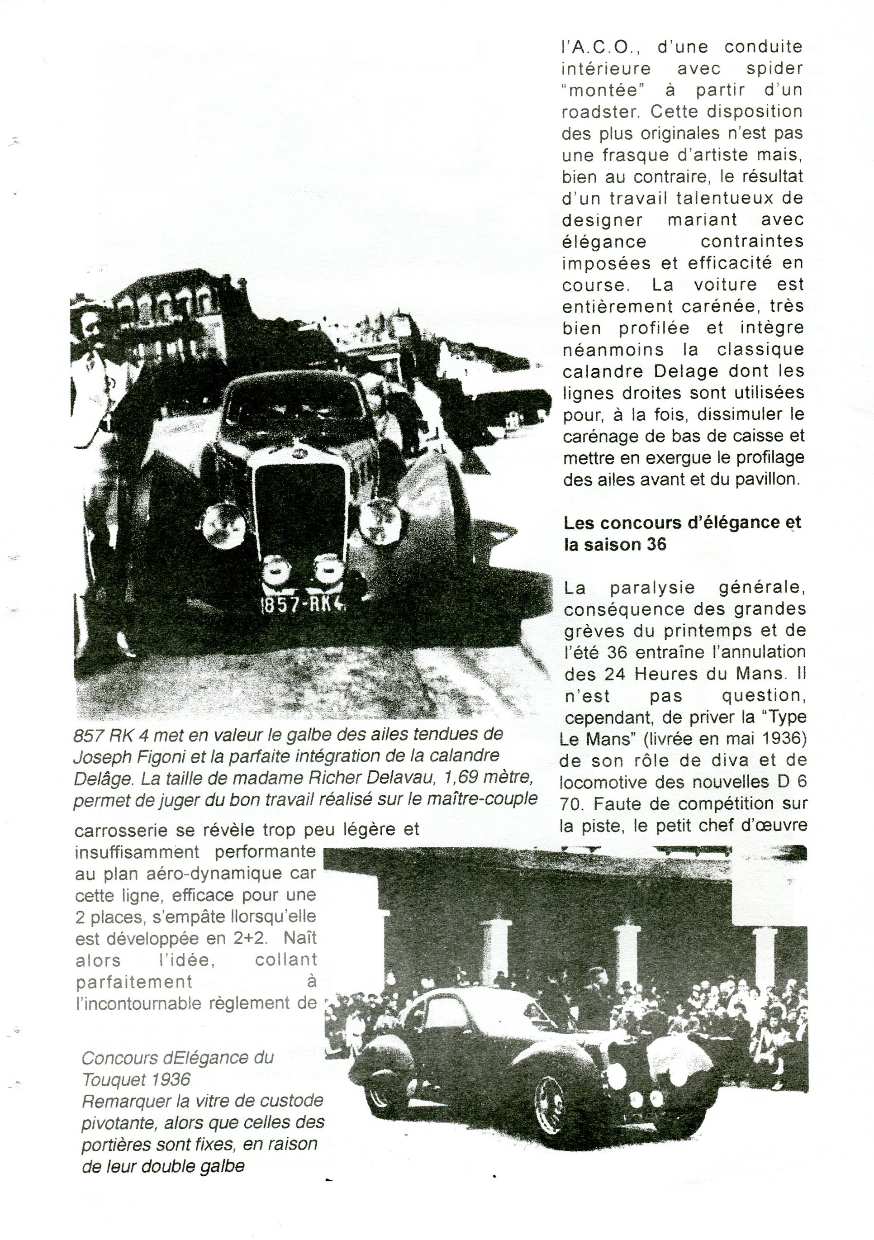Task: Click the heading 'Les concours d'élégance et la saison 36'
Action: click(x=682, y=533)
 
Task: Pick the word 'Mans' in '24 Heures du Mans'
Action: click(x=757, y=674)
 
